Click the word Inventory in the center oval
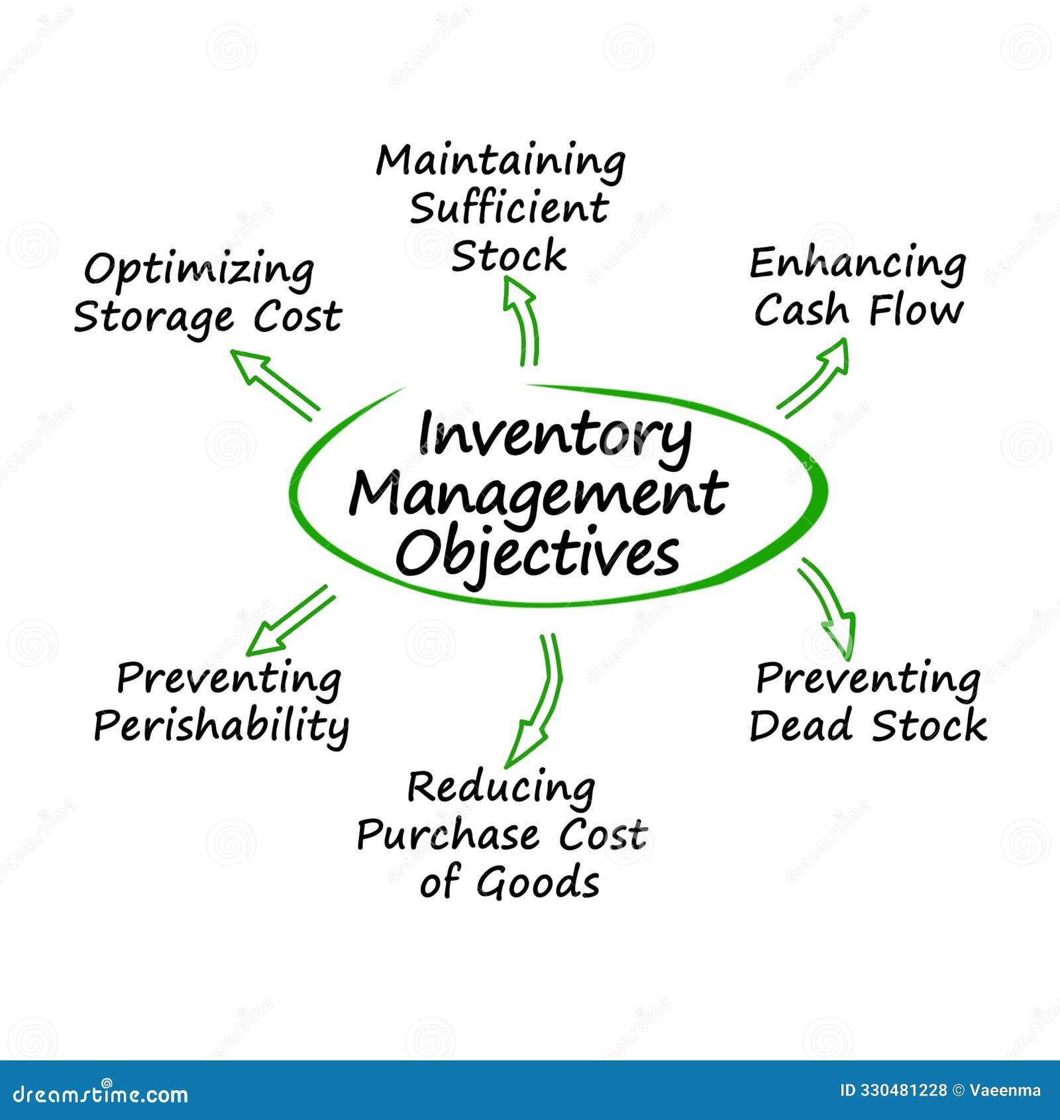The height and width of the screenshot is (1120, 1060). click(555, 436)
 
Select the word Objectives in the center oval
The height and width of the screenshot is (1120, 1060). click(537, 553)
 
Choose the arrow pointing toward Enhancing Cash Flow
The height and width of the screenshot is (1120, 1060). click(814, 378)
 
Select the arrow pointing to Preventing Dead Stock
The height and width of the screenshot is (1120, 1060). click(827, 606)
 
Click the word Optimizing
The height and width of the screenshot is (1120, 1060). click(199, 270)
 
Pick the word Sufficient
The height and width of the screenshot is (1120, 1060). click(508, 208)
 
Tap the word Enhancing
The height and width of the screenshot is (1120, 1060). click(857, 264)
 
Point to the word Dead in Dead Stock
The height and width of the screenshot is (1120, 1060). click(800, 725)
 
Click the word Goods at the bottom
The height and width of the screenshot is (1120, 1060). click(538, 883)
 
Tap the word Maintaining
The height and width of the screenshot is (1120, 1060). click(501, 162)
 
